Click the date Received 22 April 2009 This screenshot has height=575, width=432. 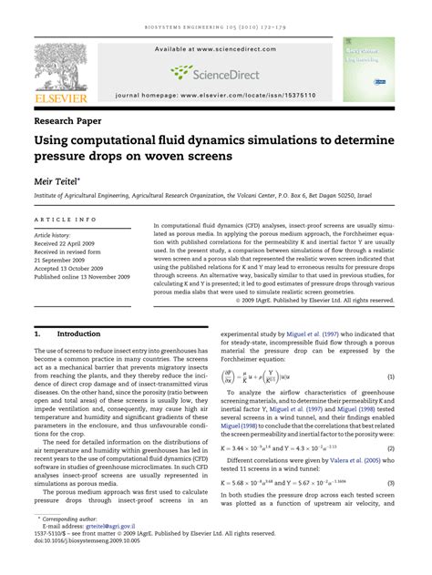[70, 244]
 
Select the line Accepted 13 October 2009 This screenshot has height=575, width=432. [73, 269]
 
